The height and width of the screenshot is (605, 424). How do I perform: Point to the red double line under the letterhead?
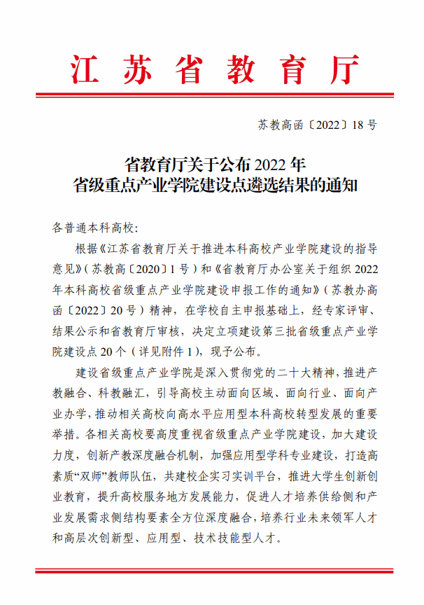pyautogui.click(x=212, y=95)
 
